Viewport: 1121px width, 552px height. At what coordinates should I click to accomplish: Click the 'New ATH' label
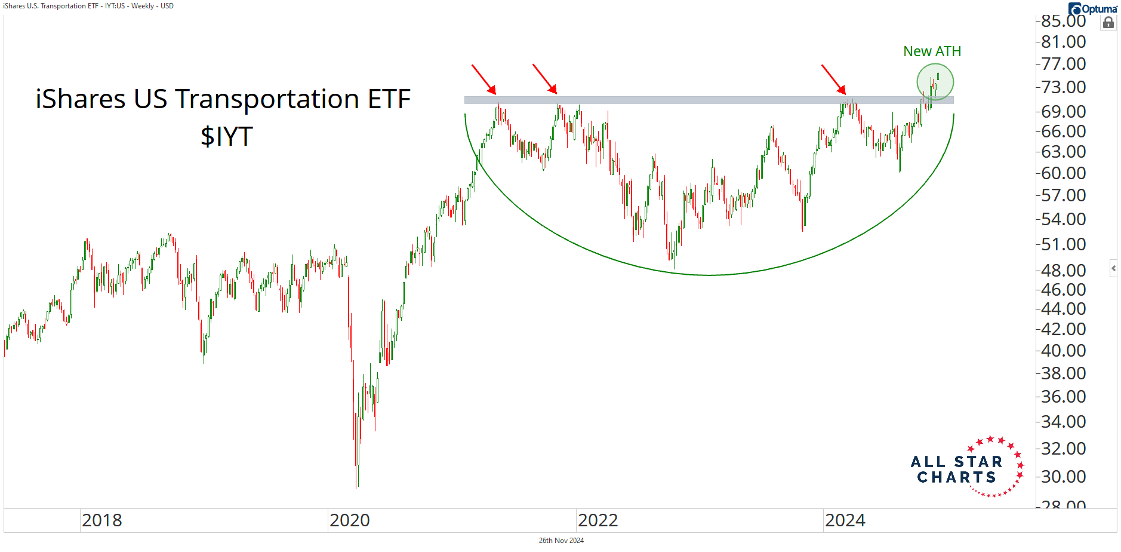tap(932, 51)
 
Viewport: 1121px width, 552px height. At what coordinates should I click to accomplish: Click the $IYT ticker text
tap(227, 136)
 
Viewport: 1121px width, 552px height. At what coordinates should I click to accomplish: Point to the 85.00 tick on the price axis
tap(1063, 21)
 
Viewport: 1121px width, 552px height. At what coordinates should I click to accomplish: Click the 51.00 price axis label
tap(1063, 244)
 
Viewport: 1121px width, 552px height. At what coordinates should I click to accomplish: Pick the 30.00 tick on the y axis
tap(1063, 476)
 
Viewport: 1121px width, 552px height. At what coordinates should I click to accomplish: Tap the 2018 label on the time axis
tap(101, 520)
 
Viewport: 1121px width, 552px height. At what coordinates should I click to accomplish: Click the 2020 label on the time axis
tap(349, 520)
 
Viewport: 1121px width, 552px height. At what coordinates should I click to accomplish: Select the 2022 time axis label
tap(598, 520)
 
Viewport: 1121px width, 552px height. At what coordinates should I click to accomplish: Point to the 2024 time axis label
tap(845, 520)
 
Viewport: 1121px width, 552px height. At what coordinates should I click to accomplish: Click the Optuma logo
tap(1092, 9)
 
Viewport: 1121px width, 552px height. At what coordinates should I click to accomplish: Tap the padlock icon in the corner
tap(1108, 23)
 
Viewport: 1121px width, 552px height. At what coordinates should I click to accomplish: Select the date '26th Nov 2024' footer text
tap(561, 541)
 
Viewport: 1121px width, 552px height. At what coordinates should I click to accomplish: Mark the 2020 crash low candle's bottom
tap(357, 487)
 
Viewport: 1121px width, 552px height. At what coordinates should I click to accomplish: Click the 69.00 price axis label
tap(1063, 111)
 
